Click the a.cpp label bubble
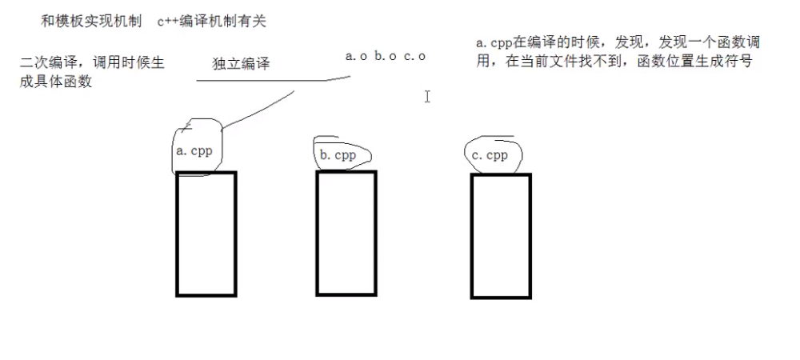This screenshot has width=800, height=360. [194, 150]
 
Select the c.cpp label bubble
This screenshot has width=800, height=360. [490, 155]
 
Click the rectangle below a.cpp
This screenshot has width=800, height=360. [206, 234]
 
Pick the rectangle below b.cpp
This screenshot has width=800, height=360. [346, 232]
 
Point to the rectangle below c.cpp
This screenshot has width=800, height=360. [501, 235]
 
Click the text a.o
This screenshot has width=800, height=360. [356, 56]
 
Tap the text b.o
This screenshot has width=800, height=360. [385, 56]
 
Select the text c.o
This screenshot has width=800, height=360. [414, 56]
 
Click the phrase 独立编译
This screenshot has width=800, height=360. [241, 64]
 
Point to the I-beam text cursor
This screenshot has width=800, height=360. [428, 96]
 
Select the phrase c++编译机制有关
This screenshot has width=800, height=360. [211, 22]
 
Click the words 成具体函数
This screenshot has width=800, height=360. [56, 81]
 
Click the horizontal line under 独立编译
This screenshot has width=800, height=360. [272, 80]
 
